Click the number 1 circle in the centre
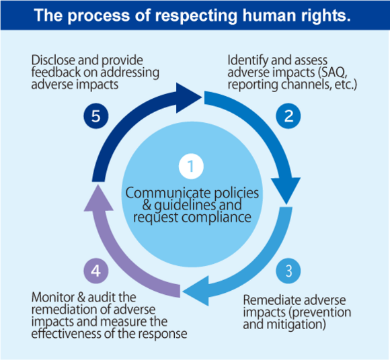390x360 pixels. coord(191,166)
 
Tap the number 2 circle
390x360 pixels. coord(288,116)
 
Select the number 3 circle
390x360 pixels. coord(288,271)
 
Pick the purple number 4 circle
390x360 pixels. coord(96,271)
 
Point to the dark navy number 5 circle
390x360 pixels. coord(96,116)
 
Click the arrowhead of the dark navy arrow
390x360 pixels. coord(189,98)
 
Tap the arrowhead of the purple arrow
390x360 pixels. coord(98,197)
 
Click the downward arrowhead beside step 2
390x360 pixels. coord(286,191)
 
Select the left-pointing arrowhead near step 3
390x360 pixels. coord(196,291)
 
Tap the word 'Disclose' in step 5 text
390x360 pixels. coord(53,60)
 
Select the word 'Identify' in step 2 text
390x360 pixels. coord(248,61)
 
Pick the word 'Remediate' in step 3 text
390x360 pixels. coord(268,300)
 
